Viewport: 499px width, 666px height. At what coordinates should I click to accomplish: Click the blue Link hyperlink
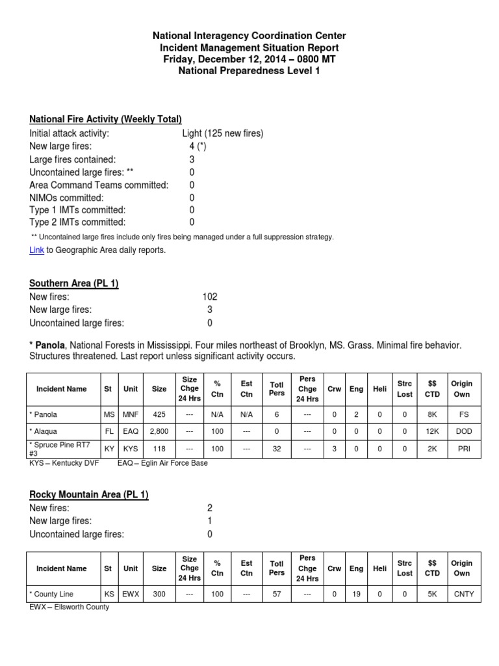point(36,250)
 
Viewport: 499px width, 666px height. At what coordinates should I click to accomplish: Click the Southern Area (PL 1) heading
point(74,284)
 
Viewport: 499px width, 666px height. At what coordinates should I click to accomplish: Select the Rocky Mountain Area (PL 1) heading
point(89,495)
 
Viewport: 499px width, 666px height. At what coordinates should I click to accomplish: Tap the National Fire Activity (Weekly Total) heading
point(105,119)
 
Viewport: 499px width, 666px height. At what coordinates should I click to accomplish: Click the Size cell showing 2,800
point(159,431)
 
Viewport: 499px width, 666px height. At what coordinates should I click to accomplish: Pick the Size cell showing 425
point(159,414)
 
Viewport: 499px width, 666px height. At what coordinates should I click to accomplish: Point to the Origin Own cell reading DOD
point(461,431)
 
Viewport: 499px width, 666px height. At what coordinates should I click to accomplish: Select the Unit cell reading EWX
point(131,594)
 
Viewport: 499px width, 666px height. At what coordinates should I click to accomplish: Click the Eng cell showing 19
point(356,594)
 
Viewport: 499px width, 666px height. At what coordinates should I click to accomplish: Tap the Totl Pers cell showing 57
point(277,594)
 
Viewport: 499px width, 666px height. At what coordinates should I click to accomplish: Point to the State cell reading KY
point(108,449)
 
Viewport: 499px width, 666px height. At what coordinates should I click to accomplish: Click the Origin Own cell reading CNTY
point(461,594)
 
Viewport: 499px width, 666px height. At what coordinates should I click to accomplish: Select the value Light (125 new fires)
point(223,133)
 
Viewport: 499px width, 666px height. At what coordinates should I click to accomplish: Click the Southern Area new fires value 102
point(210,297)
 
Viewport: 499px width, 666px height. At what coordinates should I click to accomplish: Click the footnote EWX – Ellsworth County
point(70,607)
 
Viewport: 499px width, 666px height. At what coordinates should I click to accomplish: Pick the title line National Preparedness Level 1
point(249,71)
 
